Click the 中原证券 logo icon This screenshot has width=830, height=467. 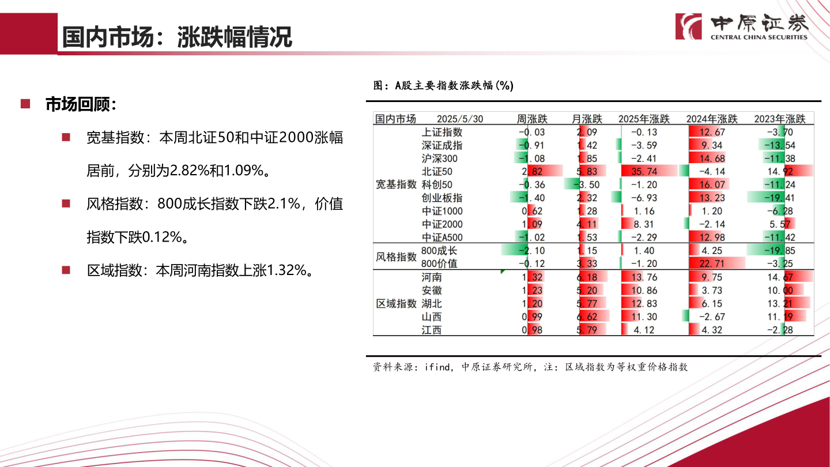click(689, 27)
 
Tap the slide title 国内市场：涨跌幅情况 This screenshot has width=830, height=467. click(177, 37)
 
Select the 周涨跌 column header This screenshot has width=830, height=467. click(532, 119)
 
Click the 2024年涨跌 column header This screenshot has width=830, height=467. click(712, 119)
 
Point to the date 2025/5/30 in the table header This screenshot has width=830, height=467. click(460, 119)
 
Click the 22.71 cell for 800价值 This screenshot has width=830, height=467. click(712, 263)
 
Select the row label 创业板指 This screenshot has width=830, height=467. click(442, 198)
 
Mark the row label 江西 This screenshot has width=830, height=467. click(432, 330)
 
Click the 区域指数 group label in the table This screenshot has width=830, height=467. click(396, 303)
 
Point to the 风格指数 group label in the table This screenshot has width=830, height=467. click(396, 257)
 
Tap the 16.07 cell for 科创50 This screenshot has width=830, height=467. click(712, 184)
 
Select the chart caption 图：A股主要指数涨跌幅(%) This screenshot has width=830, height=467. click(443, 86)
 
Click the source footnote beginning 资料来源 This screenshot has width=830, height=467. click(530, 367)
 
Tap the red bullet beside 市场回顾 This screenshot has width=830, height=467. click(25, 104)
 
